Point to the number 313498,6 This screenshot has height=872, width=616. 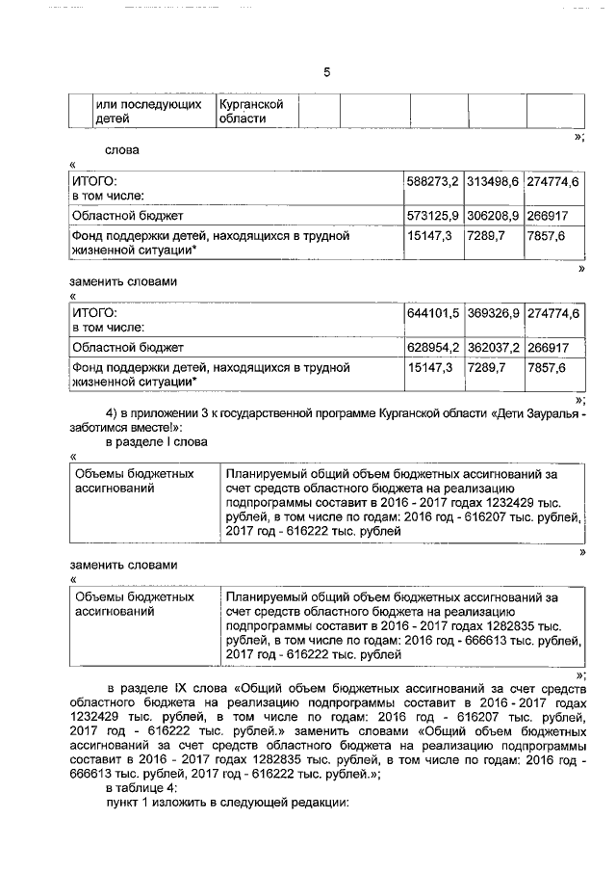[493, 181]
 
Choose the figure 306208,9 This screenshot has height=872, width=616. [493, 216]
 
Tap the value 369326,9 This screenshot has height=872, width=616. [493, 313]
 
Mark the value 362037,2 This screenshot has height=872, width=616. [493, 348]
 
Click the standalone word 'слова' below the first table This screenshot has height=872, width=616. [122, 150]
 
